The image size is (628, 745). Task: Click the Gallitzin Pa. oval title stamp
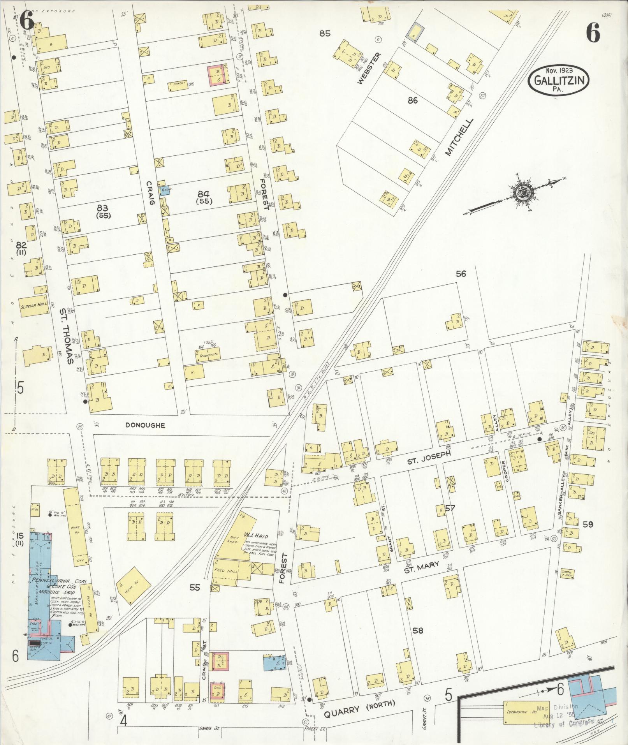pos(559,80)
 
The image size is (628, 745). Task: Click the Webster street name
pos(367,69)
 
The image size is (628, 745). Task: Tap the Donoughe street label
pos(145,425)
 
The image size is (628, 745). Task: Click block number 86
pos(413,100)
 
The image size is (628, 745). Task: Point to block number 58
pos(418,630)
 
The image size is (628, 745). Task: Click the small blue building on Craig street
pos(165,190)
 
